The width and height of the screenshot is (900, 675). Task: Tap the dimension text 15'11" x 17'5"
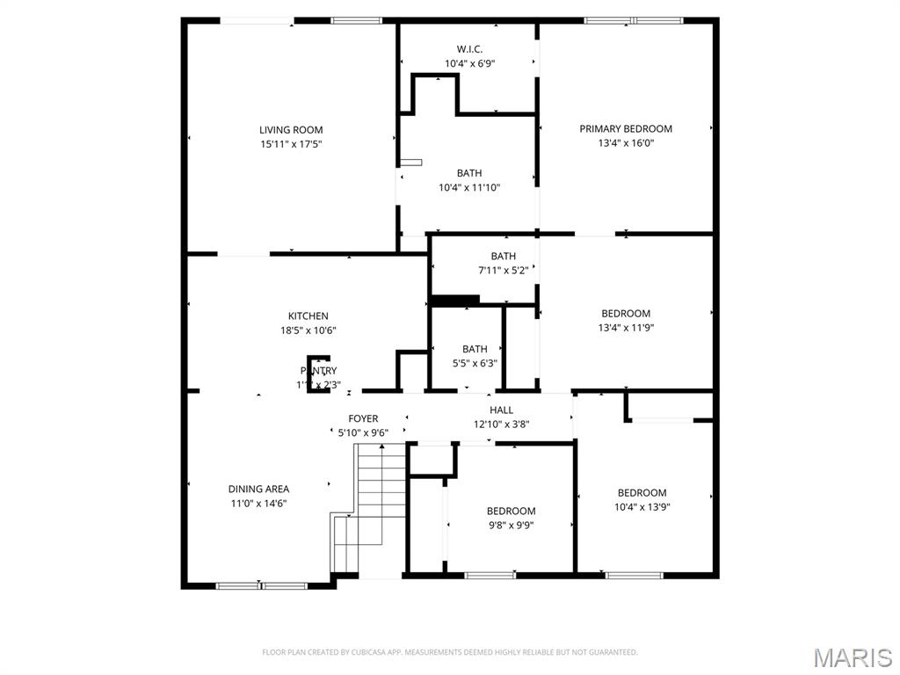click(291, 144)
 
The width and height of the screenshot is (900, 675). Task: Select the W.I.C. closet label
click(469, 49)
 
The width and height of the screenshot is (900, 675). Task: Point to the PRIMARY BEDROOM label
click(626, 129)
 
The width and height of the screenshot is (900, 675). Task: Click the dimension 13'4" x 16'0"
click(626, 142)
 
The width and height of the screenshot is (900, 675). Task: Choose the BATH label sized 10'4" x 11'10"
click(469, 173)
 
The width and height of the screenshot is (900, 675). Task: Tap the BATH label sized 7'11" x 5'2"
click(504, 257)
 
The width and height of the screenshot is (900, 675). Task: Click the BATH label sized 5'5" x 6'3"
click(475, 349)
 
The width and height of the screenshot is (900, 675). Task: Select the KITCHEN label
click(308, 316)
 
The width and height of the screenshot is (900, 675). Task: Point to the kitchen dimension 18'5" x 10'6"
click(308, 330)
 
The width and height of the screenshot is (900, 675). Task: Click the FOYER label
click(363, 418)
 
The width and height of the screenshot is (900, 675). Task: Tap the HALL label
click(501, 410)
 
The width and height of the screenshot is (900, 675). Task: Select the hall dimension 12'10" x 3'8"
click(501, 424)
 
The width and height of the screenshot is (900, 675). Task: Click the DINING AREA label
click(258, 489)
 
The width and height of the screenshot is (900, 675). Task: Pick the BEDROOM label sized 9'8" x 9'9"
click(511, 512)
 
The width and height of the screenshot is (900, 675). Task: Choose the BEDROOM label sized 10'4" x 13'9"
click(642, 493)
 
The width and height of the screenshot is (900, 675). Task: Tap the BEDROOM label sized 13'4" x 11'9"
click(626, 314)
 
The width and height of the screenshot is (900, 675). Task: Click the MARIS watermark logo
click(852, 657)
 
